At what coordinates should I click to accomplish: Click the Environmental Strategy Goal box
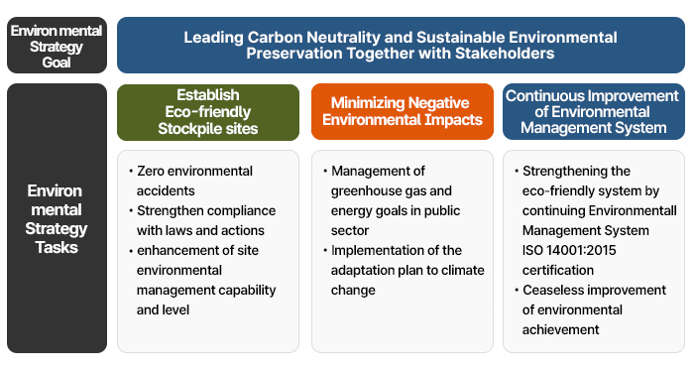[57, 46]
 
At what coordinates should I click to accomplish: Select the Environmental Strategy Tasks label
[57, 217]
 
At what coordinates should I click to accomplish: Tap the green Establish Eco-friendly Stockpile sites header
[207, 112]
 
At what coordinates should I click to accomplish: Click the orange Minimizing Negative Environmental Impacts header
[402, 111]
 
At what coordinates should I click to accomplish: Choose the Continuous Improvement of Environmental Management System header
[593, 111]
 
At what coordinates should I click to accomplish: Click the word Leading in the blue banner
[210, 37]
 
